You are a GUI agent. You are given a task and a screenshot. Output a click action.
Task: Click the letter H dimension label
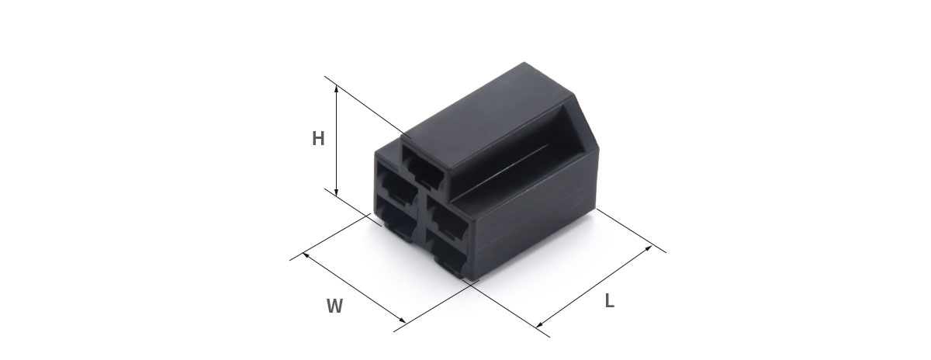pos(318,138)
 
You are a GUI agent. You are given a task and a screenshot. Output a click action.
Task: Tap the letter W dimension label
pos(334,306)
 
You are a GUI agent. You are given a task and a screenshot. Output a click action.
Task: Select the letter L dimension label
pos(609,300)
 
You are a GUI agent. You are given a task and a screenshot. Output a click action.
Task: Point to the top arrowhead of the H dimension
pos(336,88)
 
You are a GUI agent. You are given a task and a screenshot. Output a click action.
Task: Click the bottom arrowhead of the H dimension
pos(336,192)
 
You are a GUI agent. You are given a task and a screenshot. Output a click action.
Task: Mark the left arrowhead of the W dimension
pos(306,254)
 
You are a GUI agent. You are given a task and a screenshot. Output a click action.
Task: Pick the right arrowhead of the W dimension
pos(403,320)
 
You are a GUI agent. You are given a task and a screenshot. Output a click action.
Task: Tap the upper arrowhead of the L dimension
pos(648,248)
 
